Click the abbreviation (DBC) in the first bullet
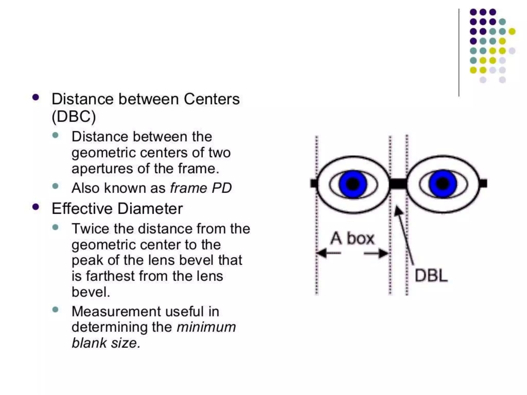[x=74, y=116]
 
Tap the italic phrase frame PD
[x=201, y=188]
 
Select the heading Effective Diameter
[x=117, y=209]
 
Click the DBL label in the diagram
[x=431, y=276]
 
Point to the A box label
[x=352, y=238]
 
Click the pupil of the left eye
[x=353, y=184]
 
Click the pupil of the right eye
[x=443, y=184]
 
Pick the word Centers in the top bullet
[x=212, y=99]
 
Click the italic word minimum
[x=206, y=327]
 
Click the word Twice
[x=90, y=229]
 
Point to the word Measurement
[x=112, y=311]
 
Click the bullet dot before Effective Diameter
[x=36, y=207]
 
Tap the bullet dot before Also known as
[x=55, y=186]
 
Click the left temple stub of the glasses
[x=314, y=184]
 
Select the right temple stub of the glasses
[x=483, y=184]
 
